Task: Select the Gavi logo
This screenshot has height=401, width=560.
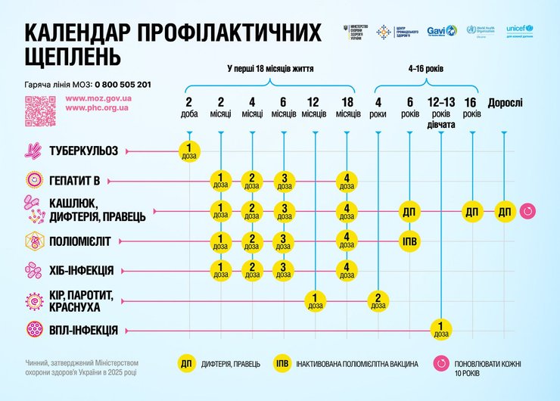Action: tap(441, 31)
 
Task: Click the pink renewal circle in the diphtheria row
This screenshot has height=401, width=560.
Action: tap(527, 211)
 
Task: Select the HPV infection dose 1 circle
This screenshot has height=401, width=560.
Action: tap(440, 330)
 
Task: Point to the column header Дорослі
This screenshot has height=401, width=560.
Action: tap(505, 103)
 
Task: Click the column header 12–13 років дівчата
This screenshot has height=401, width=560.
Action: tap(440, 113)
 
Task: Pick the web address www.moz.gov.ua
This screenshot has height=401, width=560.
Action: tap(99, 98)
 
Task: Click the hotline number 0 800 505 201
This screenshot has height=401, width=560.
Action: tap(120, 84)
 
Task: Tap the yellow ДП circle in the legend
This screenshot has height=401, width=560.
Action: tap(186, 364)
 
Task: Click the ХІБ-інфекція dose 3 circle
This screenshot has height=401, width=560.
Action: tap(283, 270)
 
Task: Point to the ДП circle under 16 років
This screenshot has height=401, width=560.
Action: tap(472, 212)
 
